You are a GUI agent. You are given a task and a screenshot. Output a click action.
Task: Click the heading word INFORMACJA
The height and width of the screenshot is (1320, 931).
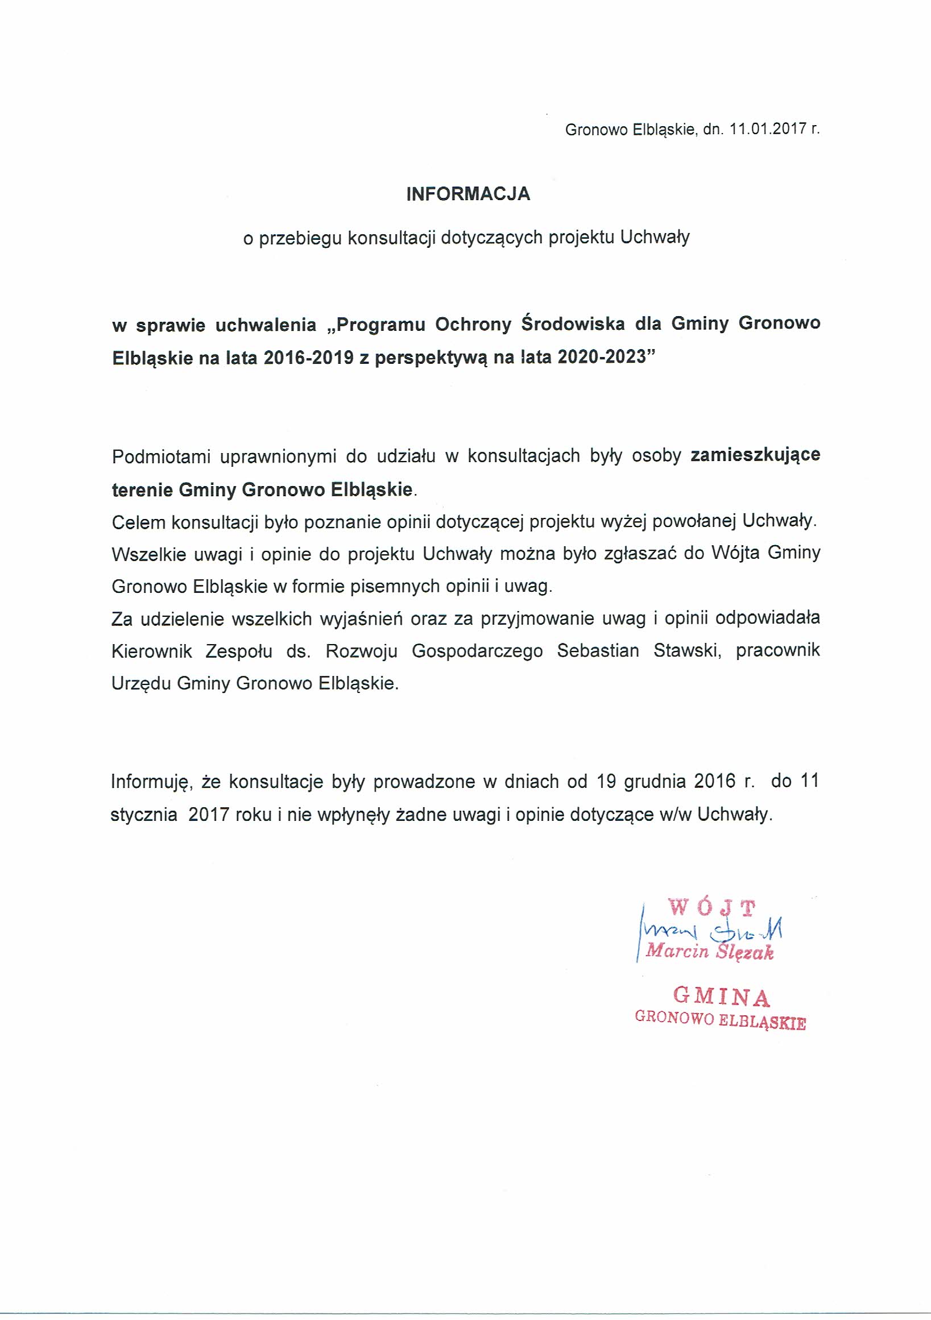click(x=467, y=194)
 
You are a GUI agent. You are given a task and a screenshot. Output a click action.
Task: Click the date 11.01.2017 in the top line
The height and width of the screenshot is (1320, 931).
click(x=766, y=130)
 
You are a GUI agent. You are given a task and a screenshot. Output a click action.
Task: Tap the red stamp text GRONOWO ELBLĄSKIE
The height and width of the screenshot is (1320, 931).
click(x=719, y=1020)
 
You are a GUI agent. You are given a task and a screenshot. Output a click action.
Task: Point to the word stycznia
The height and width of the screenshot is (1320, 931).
click(x=144, y=815)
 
